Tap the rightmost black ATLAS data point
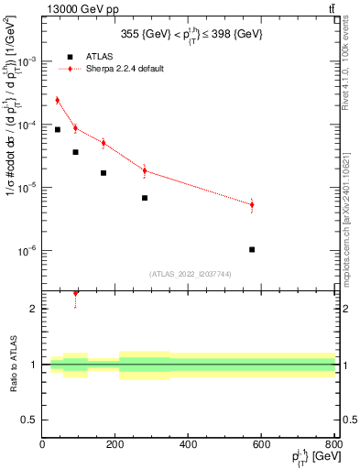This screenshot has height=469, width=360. click(252, 249)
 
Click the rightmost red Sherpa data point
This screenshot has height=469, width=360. click(252, 204)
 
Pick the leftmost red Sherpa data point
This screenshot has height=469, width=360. click(57, 100)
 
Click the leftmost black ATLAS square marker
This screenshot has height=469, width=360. click(57, 129)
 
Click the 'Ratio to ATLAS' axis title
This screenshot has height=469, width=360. click(12, 365)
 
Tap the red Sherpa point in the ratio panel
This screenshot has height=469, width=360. click(75, 293)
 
